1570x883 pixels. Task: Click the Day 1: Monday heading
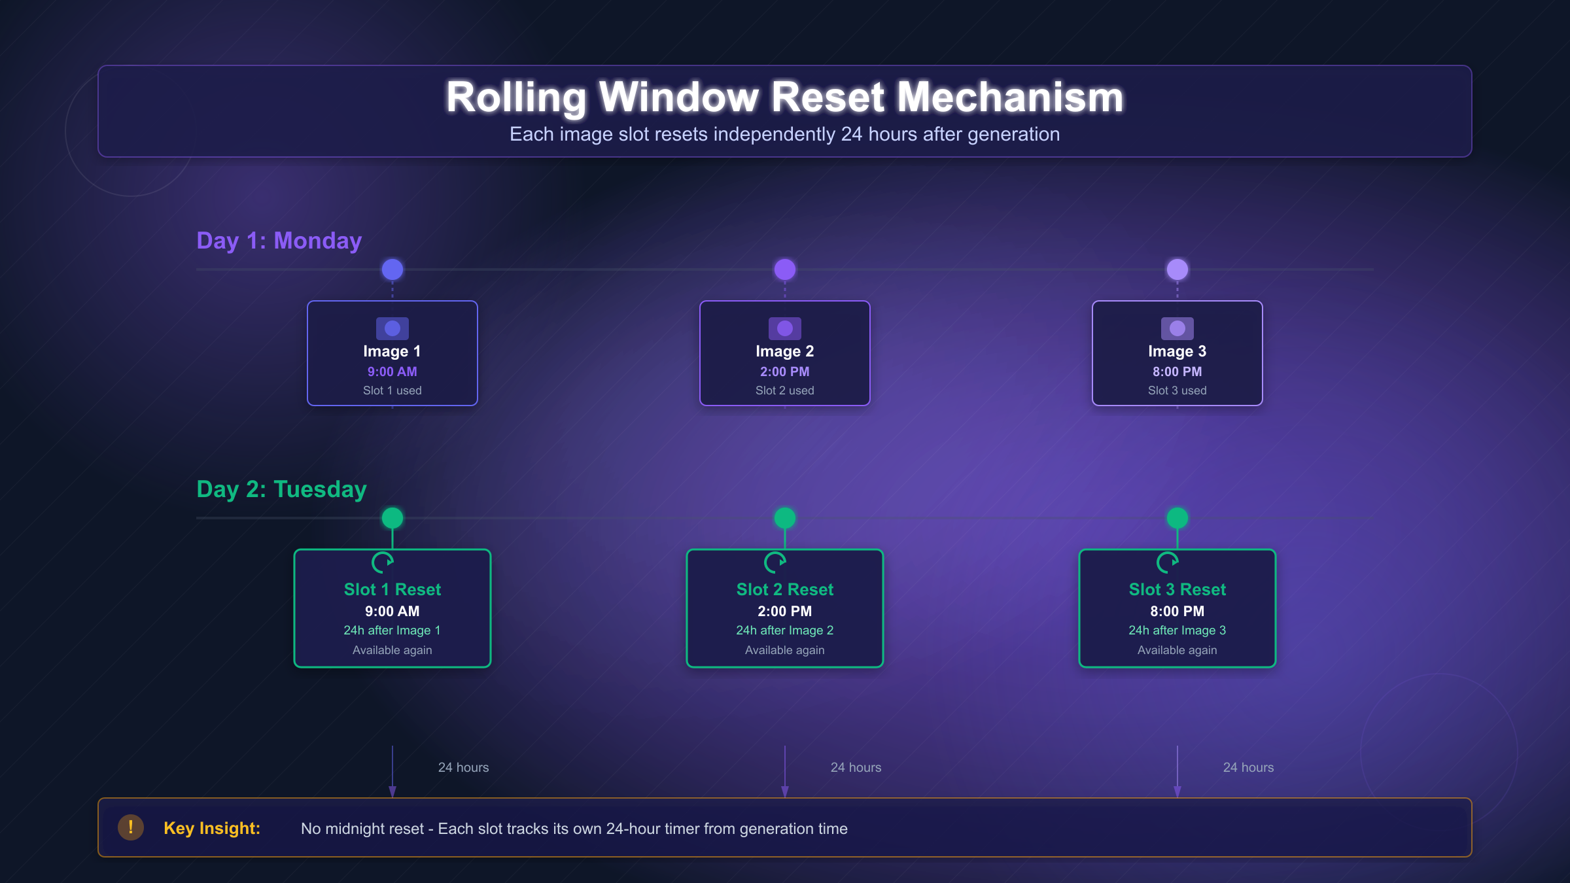click(279, 241)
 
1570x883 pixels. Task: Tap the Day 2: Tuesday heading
click(281, 489)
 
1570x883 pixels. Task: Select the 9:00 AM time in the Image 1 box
click(392, 372)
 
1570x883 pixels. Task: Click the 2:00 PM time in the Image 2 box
click(784, 372)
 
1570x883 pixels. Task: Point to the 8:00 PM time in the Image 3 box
click(1177, 372)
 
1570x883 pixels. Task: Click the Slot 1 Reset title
click(392, 589)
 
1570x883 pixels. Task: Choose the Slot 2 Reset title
click(784, 589)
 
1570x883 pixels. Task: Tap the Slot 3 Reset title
click(1177, 589)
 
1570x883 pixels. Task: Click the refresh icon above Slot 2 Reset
click(775, 562)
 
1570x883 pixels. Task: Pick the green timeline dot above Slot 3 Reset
click(1177, 518)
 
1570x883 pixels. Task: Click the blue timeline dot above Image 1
click(392, 269)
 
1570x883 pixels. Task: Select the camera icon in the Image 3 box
click(1177, 328)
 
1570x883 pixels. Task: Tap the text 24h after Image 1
click(392, 631)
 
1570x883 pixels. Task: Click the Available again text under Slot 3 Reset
click(1177, 650)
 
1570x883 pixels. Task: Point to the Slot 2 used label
click(784, 390)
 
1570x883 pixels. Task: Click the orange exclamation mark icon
click(131, 827)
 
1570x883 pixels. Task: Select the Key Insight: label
click(212, 828)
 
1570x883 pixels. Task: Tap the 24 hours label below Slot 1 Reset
click(463, 767)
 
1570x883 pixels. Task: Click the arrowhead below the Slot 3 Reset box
click(1177, 791)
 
